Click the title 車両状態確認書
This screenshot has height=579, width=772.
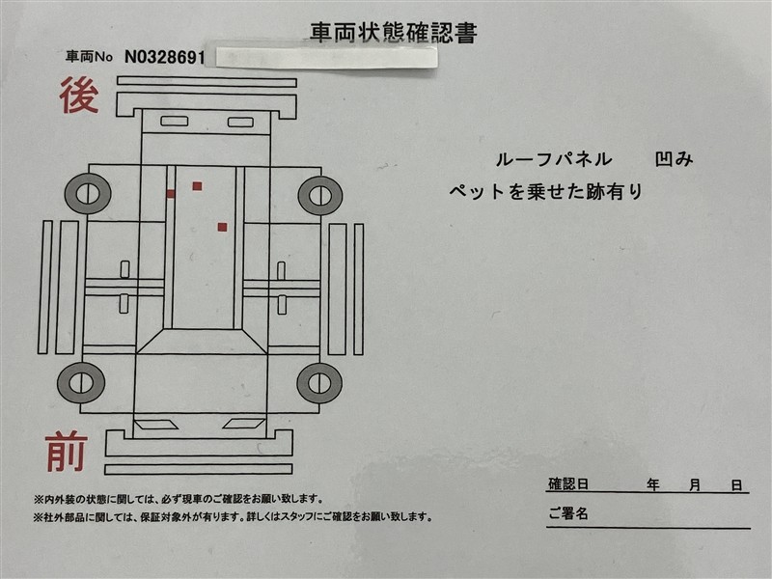394,33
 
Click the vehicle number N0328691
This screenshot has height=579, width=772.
164,58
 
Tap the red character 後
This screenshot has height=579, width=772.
79,96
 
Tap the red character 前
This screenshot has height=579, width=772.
67,452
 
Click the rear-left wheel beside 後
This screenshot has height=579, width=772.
88,194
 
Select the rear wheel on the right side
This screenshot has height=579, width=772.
320,196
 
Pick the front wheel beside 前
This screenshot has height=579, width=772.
81,383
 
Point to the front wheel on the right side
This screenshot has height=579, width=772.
319,383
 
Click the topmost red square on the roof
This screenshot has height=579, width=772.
197,186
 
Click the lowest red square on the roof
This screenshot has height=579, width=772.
223,227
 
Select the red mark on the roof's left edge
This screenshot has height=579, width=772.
171,194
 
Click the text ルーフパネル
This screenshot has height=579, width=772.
553,159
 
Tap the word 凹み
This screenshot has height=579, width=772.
674,159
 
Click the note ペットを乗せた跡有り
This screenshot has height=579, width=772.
546,191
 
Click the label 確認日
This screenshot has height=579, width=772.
568,484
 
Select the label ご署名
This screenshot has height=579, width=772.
568,513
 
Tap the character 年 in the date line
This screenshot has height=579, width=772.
653,485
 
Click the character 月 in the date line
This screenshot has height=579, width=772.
695,485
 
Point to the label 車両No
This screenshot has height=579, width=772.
89,57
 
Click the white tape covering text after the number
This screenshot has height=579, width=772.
326,58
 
